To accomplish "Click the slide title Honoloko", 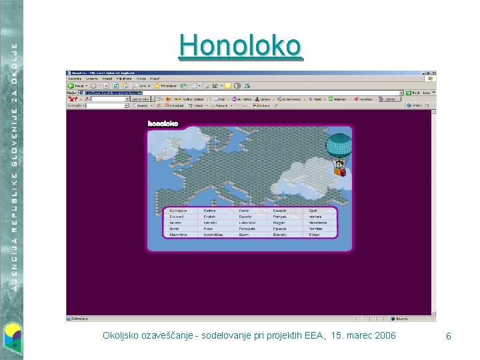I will tap(240, 45).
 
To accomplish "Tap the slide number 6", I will tap(449, 337).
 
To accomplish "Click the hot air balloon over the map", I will tap(339, 153).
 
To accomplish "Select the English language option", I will tap(211, 217).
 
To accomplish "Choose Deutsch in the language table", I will tap(280, 211).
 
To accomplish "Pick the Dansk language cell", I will tap(245, 211).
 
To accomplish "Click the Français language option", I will tap(280, 217).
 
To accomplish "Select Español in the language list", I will tap(246, 217).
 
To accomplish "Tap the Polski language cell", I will tap(211, 229).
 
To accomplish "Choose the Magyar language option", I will tap(280, 223).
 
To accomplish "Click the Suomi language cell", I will tap(245, 235).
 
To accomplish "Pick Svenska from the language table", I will tap(280, 235).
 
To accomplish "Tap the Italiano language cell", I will tap(176, 223).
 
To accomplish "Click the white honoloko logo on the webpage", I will tap(163, 123).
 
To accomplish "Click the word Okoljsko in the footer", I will tap(121, 335).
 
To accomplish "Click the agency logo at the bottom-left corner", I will tap(12, 337).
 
